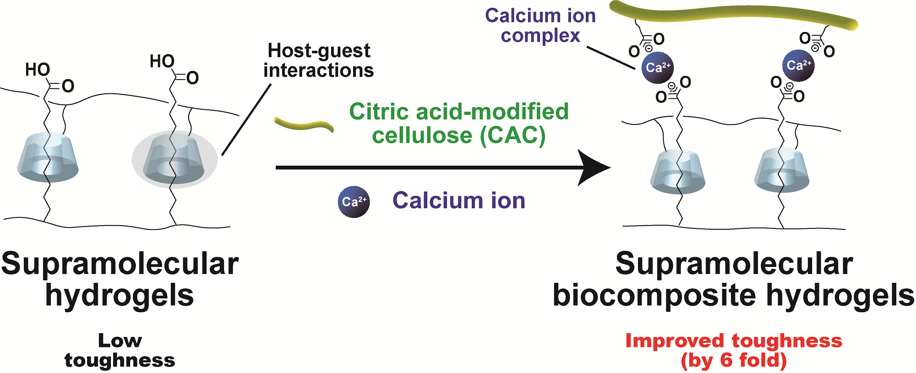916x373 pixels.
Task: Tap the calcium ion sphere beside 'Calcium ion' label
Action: click(354, 202)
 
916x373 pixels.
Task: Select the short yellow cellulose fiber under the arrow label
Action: click(304, 124)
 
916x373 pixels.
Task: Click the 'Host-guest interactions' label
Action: click(319, 60)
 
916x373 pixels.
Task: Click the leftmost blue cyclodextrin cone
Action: click(48, 158)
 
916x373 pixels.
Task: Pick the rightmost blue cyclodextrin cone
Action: click(782, 169)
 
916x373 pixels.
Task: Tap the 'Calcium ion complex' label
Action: click(540, 26)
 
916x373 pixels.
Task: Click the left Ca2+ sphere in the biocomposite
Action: click(658, 68)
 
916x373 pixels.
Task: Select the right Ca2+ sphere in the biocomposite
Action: click(798, 65)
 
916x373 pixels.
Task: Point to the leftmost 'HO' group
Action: click(38, 70)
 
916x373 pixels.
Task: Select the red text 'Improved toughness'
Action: click(734, 341)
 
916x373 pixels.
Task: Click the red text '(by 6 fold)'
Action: click(734, 360)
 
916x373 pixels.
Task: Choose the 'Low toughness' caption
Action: click(120, 351)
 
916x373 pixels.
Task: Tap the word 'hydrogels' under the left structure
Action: click(120, 295)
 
